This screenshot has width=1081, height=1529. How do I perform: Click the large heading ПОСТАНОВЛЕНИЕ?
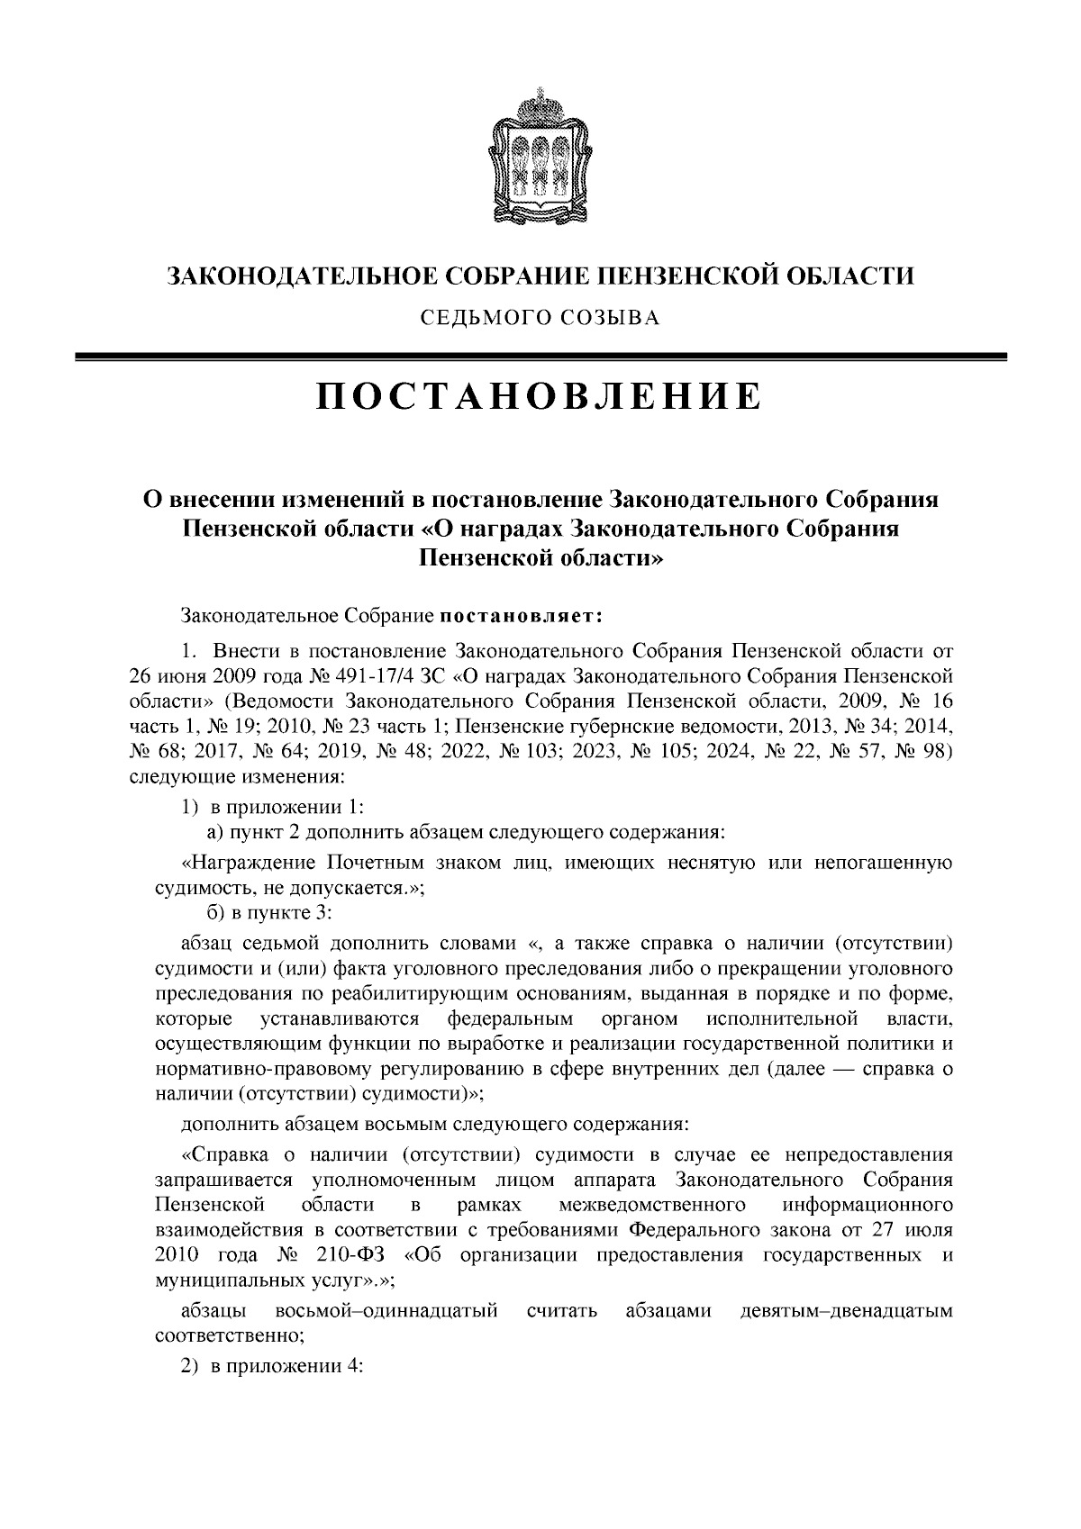(540, 397)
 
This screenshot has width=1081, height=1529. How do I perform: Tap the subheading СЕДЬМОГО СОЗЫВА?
(540, 318)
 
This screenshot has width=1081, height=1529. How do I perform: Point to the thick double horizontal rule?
(540, 357)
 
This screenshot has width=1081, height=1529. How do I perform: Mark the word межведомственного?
(651, 1205)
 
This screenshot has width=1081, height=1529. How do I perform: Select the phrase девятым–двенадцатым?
(845, 1310)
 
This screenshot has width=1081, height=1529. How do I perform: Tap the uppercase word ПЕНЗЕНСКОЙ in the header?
(668, 276)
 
